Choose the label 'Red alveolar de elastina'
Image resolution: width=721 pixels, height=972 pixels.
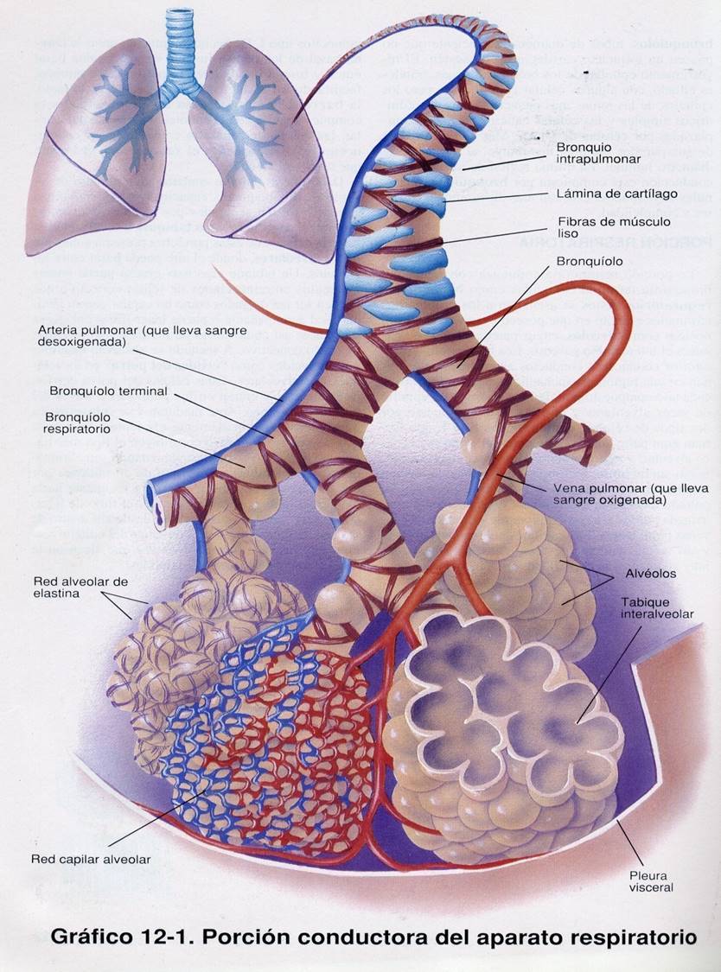click(80, 587)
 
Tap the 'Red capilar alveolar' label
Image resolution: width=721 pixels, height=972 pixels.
click(91, 859)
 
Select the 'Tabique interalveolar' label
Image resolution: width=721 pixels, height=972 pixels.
click(656, 607)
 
